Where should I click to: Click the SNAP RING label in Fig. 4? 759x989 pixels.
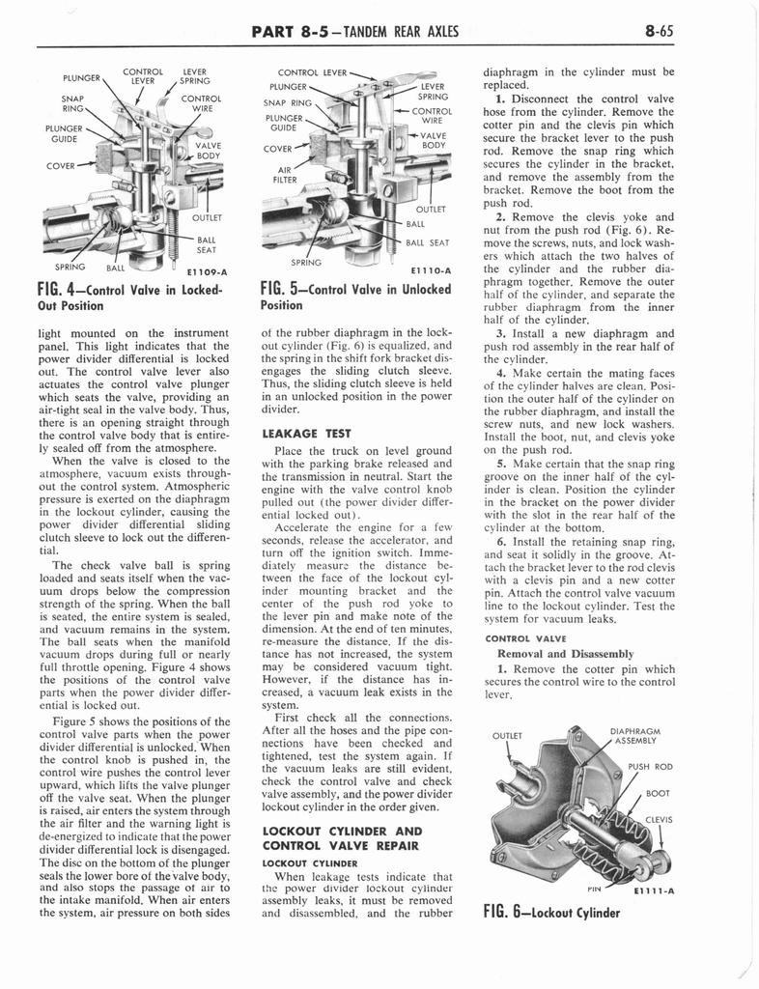(x=74, y=102)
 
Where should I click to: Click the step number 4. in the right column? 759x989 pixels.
(x=501, y=373)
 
